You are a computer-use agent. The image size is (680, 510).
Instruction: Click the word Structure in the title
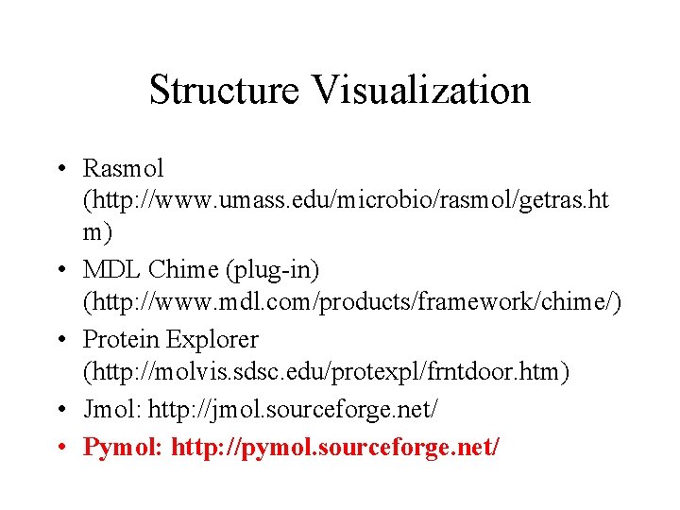pyautogui.click(x=225, y=91)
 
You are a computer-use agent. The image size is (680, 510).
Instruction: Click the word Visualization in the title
pyautogui.click(x=421, y=91)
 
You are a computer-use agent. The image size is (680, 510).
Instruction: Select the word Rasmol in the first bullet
pyautogui.click(x=123, y=169)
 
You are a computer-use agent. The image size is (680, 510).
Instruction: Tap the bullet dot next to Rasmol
pyautogui.click(x=59, y=170)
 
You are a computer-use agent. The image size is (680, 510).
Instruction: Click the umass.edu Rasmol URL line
pyautogui.click(x=346, y=202)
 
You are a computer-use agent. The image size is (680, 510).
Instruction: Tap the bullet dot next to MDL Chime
pyautogui.click(x=59, y=271)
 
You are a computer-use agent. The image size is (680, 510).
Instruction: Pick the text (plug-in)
pyautogui.click(x=272, y=271)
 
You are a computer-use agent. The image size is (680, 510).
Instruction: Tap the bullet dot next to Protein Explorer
pyautogui.click(x=59, y=339)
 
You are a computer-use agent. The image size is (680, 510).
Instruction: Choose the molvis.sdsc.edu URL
pyautogui.click(x=327, y=372)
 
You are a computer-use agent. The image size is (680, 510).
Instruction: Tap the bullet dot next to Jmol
pyautogui.click(x=59, y=411)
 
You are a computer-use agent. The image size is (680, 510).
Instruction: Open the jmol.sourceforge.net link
pyautogui.click(x=292, y=411)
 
